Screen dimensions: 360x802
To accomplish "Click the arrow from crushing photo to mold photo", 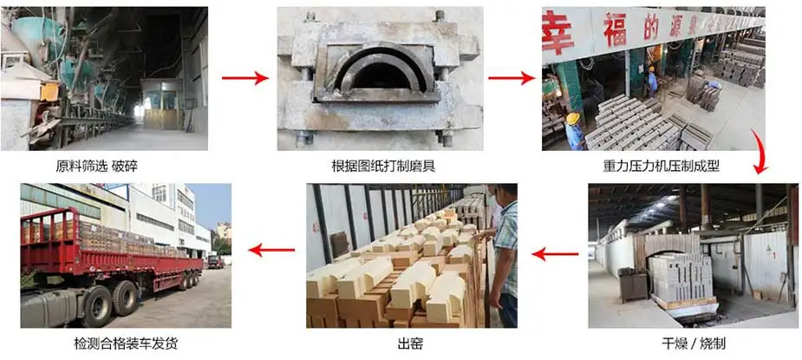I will (x=245, y=79).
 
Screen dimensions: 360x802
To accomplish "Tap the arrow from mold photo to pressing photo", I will (x=512, y=79).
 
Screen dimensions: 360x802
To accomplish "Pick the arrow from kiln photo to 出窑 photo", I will (x=555, y=254).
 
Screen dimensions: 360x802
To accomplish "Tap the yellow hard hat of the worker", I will (x=573, y=118).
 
